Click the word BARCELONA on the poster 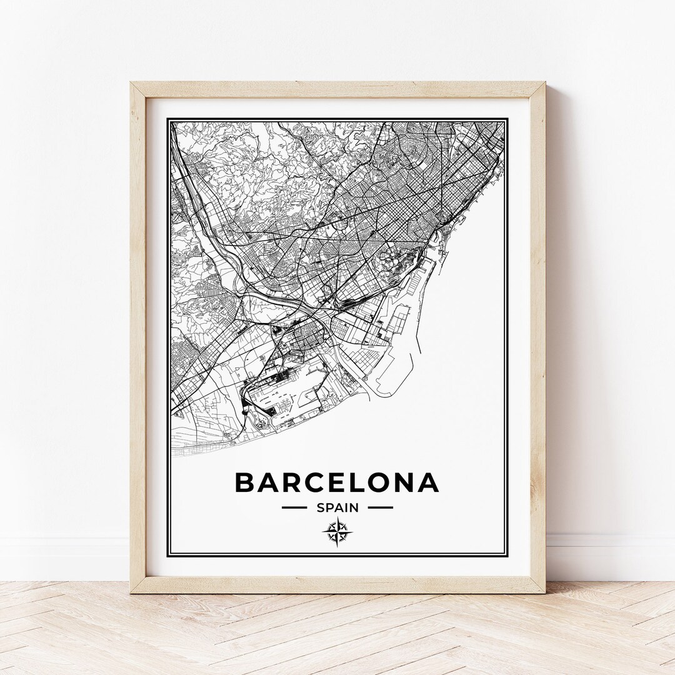click(x=337, y=482)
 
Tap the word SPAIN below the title click(x=337, y=507)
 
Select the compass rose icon click(x=337, y=532)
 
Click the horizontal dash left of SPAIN click(x=294, y=507)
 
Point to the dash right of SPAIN click(x=380, y=507)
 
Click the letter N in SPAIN click(x=355, y=507)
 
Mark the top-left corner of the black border click(x=170, y=120)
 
